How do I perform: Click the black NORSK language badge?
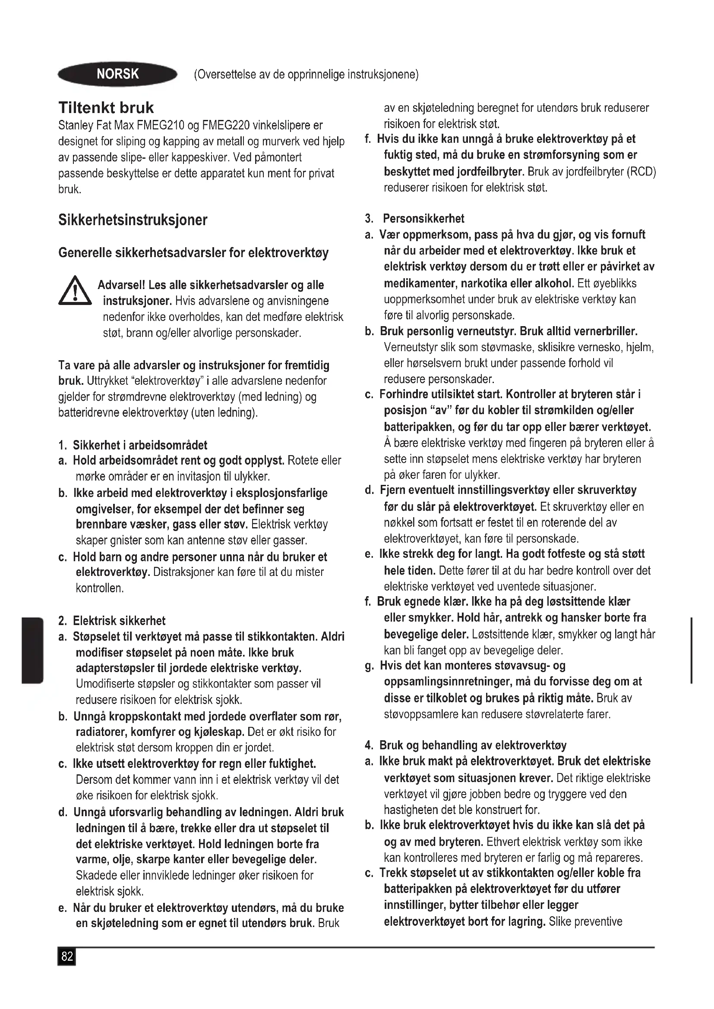pos(117,74)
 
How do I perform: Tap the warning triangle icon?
pos(75,290)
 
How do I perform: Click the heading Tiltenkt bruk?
pos(106,108)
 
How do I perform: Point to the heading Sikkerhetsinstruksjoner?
pos(133,220)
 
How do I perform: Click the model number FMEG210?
pos(161,126)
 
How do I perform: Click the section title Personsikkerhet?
pos(423,218)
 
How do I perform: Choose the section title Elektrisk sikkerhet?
pos(119,620)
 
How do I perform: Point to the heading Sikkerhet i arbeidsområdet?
pos(140,445)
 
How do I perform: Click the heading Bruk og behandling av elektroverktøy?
pos(473,745)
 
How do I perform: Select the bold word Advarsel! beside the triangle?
pos(121,285)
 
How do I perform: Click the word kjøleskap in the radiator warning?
pos(218,732)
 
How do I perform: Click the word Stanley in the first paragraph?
pos(74,126)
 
